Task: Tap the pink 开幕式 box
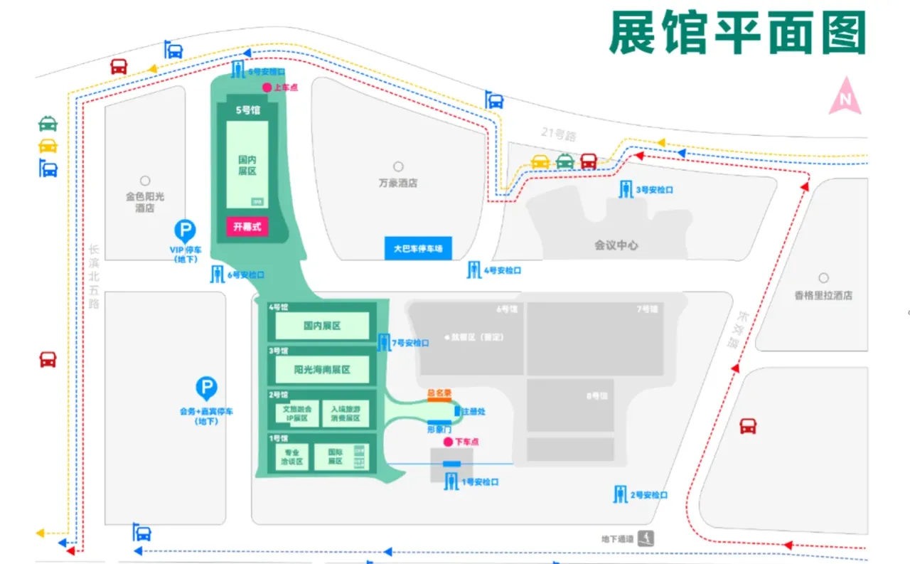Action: [x=247, y=228]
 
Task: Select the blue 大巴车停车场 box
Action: [x=418, y=249]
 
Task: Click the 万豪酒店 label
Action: [x=398, y=183]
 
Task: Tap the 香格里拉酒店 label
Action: [x=823, y=295]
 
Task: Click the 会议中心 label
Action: [x=616, y=245]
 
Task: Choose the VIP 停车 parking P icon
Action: [x=185, y=230]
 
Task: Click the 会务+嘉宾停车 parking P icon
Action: [x=206, y=388]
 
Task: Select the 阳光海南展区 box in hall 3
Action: [x=322, y=370]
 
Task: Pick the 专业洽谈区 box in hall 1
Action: [x=292, y=457]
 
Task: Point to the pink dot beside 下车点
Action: [x=448, y=442]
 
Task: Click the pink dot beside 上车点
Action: [x=267, y=87]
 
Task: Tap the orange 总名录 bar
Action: [x=439, y=399]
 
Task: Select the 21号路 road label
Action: [x=557, y=132]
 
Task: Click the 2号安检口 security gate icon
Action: [x=621, y=494]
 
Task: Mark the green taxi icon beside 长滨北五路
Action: [x=48, y=123]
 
